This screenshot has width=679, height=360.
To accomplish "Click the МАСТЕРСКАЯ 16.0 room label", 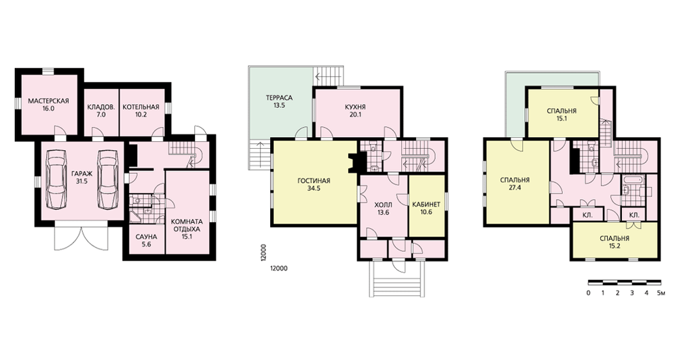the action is point(48,105).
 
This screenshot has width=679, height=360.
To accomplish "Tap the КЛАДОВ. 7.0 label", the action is point(101,111).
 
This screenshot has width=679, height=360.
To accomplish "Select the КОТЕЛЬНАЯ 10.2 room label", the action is point(141,111).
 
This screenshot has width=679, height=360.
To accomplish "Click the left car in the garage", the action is point(57,179).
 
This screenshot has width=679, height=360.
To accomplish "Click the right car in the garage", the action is point(108,179).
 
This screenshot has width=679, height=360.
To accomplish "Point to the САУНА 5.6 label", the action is point(147,241).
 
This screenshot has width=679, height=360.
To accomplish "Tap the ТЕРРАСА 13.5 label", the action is point(279,101).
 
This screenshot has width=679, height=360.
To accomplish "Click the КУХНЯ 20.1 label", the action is point(356,111).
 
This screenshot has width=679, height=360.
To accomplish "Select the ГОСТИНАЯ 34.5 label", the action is point(314,185).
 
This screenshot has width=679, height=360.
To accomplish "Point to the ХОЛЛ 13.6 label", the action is point(383,209).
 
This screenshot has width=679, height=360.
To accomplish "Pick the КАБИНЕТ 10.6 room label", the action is point(426,209).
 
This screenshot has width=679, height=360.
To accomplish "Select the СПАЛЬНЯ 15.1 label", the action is point(562,114).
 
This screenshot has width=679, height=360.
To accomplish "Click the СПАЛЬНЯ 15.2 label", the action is point(614,242).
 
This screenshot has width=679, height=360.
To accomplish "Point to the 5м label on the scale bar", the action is point(661,293).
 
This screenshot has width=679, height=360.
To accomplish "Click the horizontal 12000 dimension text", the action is point(278,268).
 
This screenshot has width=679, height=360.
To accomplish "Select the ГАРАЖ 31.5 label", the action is point(81,177).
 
